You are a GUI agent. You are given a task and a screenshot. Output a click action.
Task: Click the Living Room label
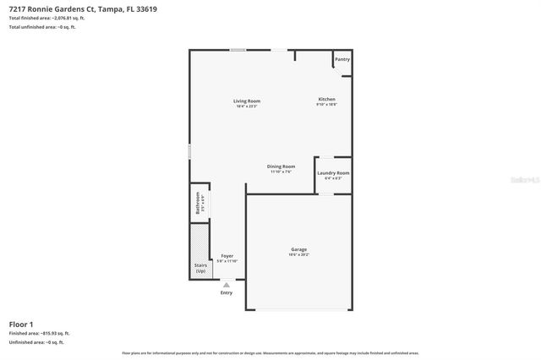click(x=247, y=101)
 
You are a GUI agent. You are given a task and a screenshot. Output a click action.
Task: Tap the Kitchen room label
click(x=326, y=99)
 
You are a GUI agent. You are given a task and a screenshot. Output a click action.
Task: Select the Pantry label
click(x=342, y=59)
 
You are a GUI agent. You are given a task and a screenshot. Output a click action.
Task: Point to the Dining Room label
click(x=281, y=166)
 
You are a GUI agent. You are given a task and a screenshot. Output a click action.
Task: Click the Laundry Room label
click(x=333, y=173)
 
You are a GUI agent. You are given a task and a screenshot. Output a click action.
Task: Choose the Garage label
click(x=298, y=249)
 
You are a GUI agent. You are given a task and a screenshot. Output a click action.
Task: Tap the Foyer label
click(x=227, y=256)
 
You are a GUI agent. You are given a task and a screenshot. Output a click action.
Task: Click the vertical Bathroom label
click(x=199, y=204)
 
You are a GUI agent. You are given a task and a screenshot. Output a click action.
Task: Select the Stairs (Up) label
click(x=200, y=268)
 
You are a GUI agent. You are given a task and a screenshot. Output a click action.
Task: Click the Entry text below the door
click(x=227, y=292)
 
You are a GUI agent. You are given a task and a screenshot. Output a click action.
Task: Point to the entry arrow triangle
click(x=227, y=285)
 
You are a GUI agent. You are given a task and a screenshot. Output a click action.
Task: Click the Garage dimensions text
click(x=298, y=254)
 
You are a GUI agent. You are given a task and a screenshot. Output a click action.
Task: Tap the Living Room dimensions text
click(x=247, y=106)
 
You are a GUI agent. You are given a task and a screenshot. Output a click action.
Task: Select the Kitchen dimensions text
click(x=326, y=104)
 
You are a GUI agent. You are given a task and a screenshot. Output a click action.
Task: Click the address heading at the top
click(x=83, y=9)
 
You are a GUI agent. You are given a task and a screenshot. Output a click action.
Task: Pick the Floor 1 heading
click(x=21, y=324)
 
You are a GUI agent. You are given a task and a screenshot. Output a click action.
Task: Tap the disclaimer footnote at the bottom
click(x=270, y=352)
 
